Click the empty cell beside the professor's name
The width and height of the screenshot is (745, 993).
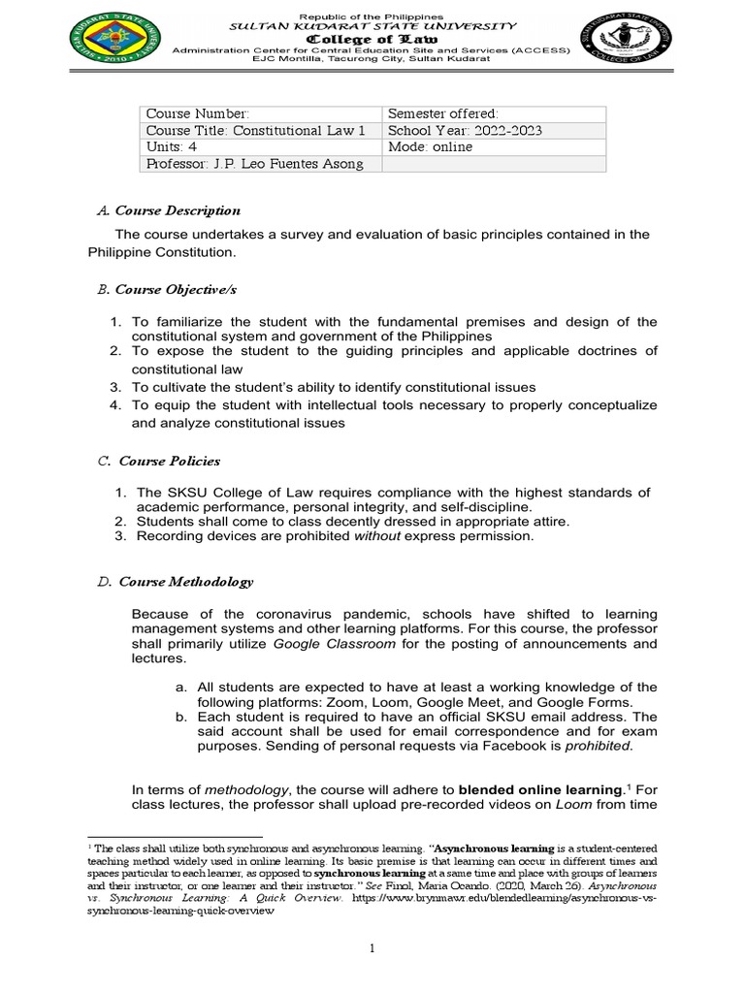click(x=494, y=164)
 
